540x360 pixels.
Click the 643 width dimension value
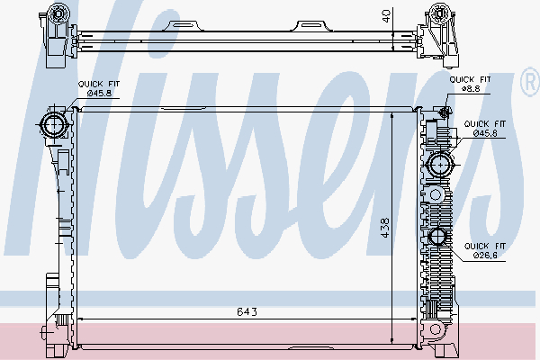pyautogui.click(x=247, y=312)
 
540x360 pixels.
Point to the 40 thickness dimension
pyautogui.click(x=386, y=15)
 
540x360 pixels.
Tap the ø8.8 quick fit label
pyautogui.click(x=471, y=89)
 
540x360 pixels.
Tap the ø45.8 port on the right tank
pyautogui.click(x=441, y=164)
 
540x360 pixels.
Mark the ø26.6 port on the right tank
pyautogui.click(x=439, y=237)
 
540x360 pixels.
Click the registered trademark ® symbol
pyautogui.click(x=528, y=84)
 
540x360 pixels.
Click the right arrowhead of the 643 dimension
pyautogui.click(x=417, y=319)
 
